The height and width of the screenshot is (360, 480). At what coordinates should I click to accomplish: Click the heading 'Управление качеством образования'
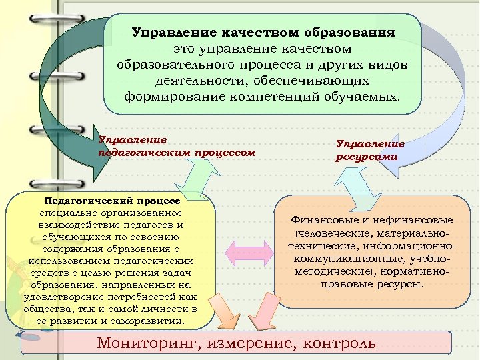click(x=263, y=32)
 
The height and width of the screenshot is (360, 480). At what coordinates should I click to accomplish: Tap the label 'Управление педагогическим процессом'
click(x=176, y=147)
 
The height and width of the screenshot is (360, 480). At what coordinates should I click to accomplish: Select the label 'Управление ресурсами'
click(x=370, y=150)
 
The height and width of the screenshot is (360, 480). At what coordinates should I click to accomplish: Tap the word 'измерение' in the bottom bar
click(x=252, y=343)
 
